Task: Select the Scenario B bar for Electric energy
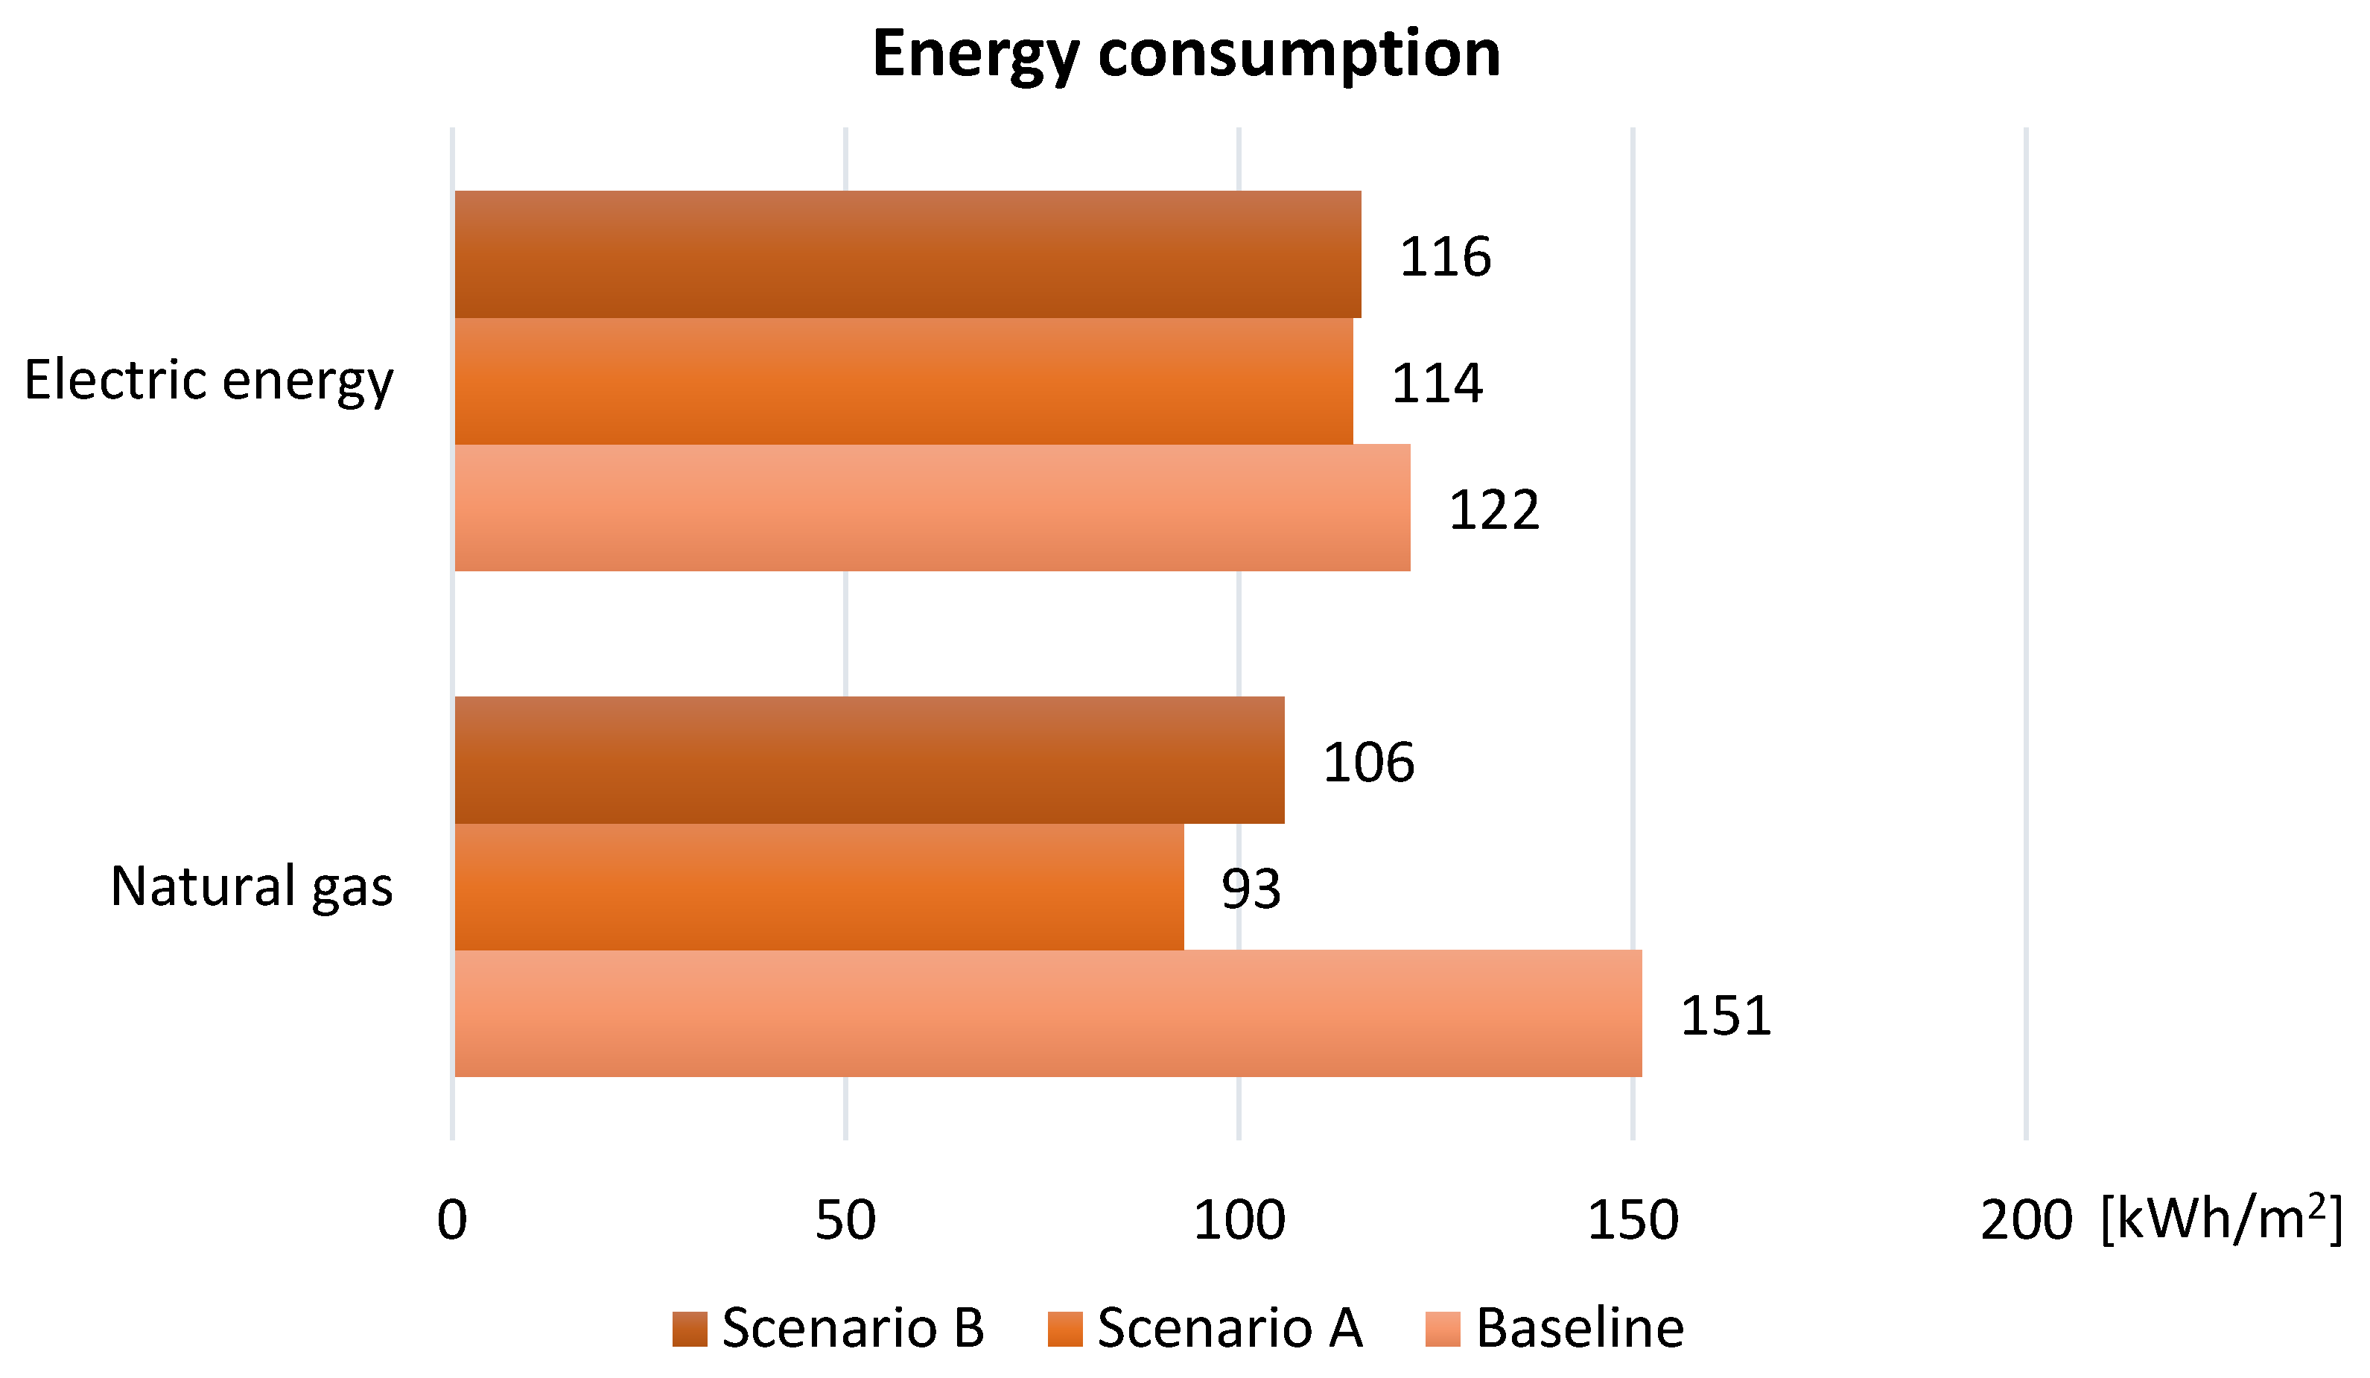pos(908,254)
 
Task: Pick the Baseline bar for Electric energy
pos(931,508)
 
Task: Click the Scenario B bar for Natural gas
pos(869,760)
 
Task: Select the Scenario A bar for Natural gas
pos(819,887)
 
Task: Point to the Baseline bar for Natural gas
pos(1048,1014)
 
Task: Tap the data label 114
pos(1436,383)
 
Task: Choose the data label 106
pos(1367,762)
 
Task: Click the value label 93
pos(1250,889)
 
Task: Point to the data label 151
pos(1725,1016)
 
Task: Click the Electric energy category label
pos(208,381)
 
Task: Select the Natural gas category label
pos(251,887)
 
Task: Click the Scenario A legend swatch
pos(1064,1328)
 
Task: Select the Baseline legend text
pos(1579,1328)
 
